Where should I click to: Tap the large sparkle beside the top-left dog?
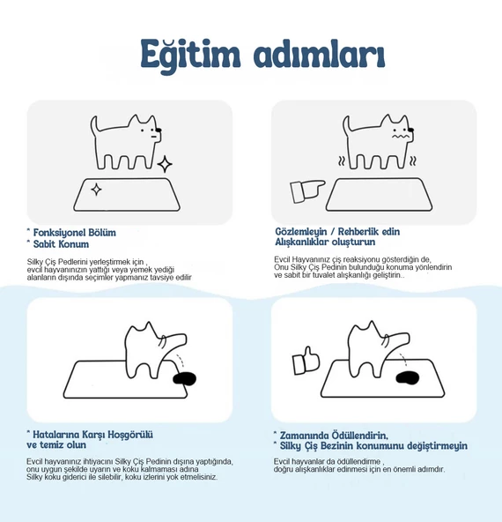165,164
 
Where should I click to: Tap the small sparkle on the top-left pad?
96,189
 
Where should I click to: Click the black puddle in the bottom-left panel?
186,379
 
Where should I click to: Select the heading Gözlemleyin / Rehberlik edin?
337,232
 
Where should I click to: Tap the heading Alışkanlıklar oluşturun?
325,242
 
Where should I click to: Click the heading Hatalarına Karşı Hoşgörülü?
92,435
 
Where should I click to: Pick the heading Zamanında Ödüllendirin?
334,435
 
